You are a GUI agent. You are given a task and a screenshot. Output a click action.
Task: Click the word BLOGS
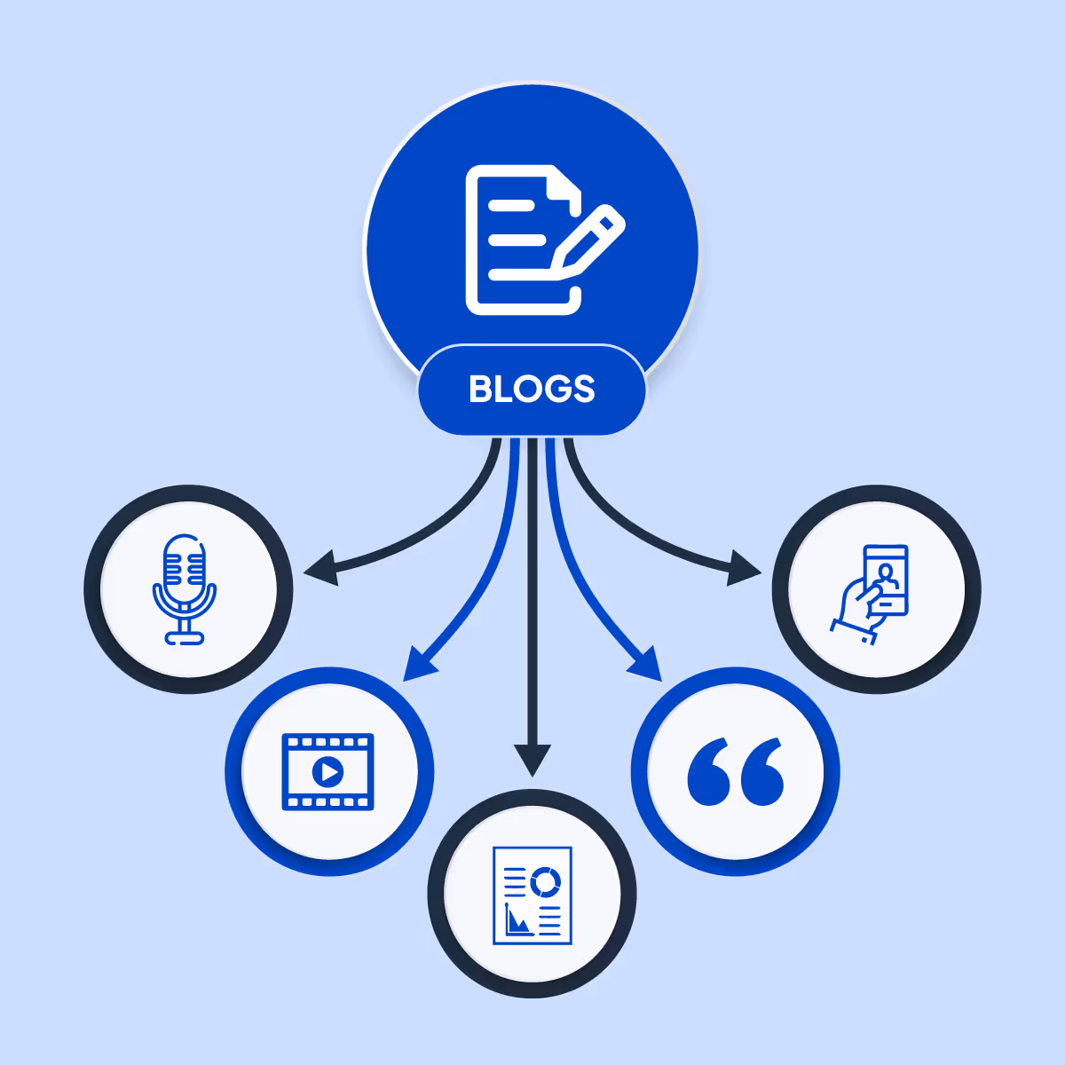click(532, 390)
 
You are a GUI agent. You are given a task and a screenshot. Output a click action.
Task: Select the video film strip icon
click(327, 771)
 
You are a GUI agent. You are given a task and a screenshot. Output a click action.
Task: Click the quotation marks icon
click(736, 771)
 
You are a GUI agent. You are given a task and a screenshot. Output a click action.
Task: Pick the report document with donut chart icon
click(532, 895)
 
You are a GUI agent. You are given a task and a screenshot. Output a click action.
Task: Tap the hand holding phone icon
click(872, 590)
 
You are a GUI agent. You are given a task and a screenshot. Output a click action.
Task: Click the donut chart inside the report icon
click(545, 881)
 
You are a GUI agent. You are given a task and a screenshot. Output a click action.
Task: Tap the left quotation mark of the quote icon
click(710, 772)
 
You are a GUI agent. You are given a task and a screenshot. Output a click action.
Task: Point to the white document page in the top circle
click(510, 240)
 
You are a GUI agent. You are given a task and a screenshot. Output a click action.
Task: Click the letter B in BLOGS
click(479, 390)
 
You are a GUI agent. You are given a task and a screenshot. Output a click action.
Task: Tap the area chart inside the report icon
click(517, 920)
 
